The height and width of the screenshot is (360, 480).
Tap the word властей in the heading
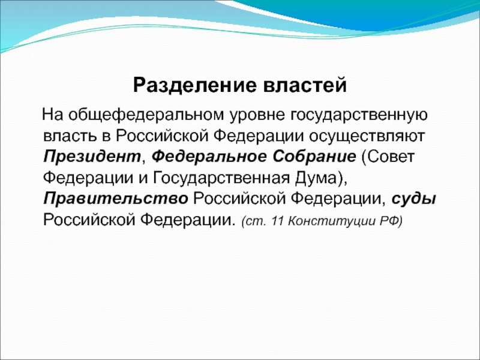pos(305,85)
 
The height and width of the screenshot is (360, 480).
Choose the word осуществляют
pos(367,137)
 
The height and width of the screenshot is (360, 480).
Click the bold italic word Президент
pos(92,157)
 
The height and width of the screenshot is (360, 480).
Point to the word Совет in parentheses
pos(391,157)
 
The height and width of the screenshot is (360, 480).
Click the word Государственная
pos(221,178)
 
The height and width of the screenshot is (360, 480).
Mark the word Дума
pos(316,178)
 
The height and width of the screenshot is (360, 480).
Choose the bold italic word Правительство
pos(116,199)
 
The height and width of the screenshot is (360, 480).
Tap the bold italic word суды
pos(413,200)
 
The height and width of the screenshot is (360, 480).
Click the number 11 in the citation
pos(277,220)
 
